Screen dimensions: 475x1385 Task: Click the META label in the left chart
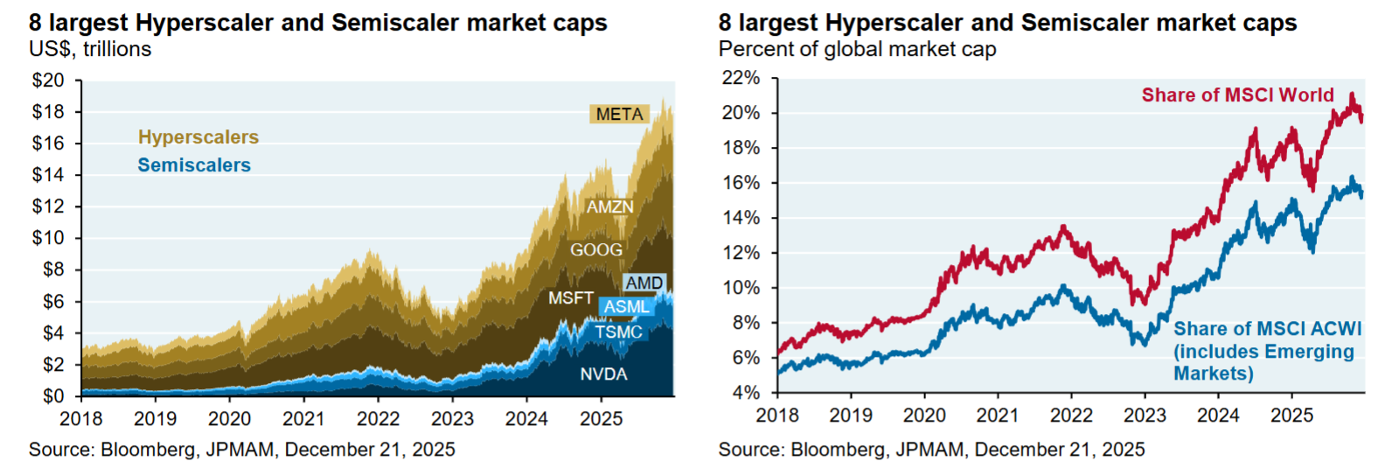coord(619,115)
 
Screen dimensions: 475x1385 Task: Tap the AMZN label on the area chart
coord(609,207)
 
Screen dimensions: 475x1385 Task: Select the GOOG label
coord(596,250)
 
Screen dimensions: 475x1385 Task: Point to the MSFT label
coord(571,298)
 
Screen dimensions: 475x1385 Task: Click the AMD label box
coord(644,283)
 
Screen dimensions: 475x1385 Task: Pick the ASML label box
coord(627,307)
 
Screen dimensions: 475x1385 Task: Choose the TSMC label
coord(618,332)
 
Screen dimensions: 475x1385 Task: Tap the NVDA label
coord(603,374)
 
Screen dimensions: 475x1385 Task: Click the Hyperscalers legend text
coord(198,137)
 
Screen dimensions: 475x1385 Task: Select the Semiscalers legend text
coord(194,165)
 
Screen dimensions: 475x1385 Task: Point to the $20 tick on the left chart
coord(48,80)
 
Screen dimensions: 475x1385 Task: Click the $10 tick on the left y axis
coord(48,238)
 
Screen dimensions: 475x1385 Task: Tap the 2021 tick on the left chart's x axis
coord(303,419)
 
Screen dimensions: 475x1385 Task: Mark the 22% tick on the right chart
coord(741,78)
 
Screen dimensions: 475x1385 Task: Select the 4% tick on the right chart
coord(746,393)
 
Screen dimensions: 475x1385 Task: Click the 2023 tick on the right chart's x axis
coord(1145,416)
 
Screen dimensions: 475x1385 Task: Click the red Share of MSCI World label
coord(1237,95)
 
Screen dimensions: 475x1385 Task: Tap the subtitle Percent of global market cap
coord(857,50)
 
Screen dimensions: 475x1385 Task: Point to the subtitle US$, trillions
coord(90,50)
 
